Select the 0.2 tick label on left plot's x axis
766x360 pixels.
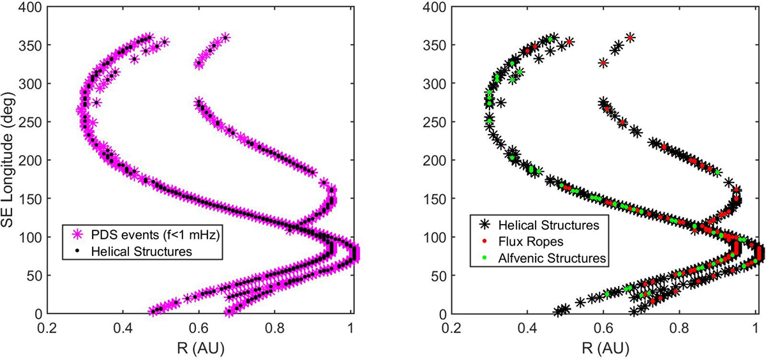[47, 331]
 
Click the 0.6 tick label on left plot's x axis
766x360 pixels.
[199, 331]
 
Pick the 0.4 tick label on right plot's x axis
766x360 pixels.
[527, 331]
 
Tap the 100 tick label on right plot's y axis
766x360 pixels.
[437, 237]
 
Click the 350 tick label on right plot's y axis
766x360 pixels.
[437, 45]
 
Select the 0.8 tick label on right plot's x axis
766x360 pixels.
[679, 331]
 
